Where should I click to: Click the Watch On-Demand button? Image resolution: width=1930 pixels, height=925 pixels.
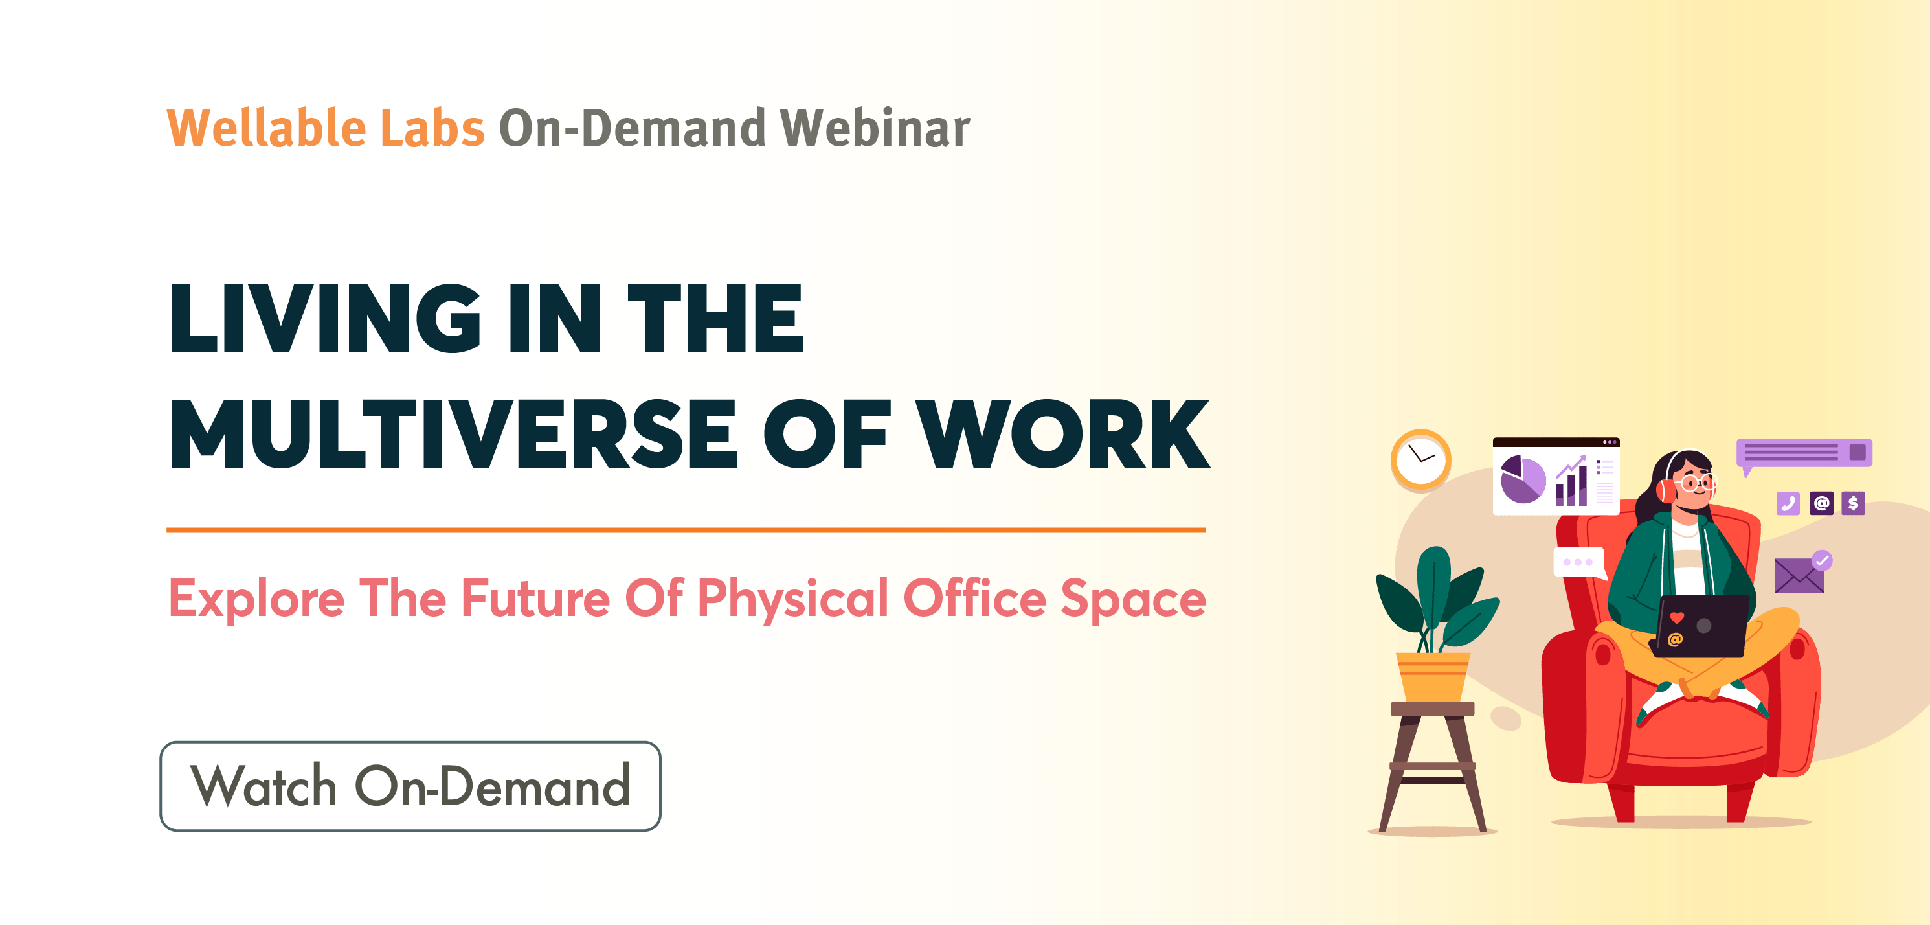coord(410,786)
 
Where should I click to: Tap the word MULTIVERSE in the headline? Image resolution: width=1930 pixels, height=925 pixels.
coord(453,434)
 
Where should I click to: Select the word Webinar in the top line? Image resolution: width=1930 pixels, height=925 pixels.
coord(875,128)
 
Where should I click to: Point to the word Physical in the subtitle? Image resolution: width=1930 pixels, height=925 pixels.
coord(792,600)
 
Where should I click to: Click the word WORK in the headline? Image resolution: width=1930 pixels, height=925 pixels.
coord(1063,434)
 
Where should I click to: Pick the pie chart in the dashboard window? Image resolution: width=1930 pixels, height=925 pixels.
coord(1522,479)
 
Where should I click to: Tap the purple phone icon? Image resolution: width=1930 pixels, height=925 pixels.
coord(1788,503)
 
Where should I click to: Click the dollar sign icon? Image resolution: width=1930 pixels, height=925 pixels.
coord(1853,503)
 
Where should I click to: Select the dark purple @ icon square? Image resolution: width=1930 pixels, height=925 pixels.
coord(1821,503)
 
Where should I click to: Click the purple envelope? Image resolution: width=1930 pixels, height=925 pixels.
coord(1799,576)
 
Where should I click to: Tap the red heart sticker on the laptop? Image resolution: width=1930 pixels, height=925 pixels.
coord(1677,618)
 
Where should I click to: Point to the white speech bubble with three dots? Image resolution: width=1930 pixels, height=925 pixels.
coord(1578,563)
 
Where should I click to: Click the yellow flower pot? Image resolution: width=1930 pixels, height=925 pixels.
coord(1433,677)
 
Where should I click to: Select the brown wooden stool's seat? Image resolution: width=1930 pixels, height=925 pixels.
coord(1433,709)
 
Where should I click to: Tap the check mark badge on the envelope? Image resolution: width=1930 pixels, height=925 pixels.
coord(1821,560)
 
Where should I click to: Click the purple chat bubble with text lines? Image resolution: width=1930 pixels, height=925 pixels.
coord(1804,453)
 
